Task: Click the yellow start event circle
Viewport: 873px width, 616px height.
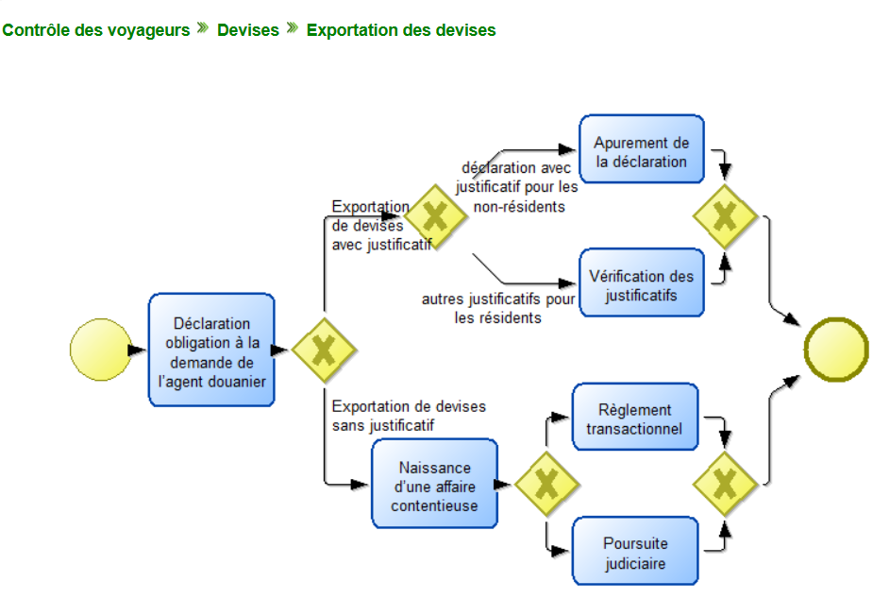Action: point(98,350)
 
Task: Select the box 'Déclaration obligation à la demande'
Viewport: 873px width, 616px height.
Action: point(211,350)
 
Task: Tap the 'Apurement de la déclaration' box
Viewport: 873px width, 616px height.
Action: point(642,151)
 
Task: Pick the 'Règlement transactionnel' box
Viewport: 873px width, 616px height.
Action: point(635,419)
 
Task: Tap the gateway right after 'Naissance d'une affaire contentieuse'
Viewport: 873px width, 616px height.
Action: point(546,484)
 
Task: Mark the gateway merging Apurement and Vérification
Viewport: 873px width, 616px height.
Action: point(725,217)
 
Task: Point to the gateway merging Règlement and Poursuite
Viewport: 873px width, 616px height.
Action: point(725,484)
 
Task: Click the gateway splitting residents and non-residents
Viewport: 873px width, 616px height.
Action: point(434,217)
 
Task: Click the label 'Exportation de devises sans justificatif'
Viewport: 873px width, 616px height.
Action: point(409,416)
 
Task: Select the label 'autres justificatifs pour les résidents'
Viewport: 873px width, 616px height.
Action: point(498,309)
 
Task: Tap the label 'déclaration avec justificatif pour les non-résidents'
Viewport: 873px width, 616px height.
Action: point(515,187)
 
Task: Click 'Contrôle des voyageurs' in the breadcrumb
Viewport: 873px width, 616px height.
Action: point(96,30)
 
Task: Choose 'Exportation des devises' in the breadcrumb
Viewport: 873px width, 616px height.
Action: point(401,30)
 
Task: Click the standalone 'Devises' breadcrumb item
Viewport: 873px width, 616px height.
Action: point(248,30)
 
